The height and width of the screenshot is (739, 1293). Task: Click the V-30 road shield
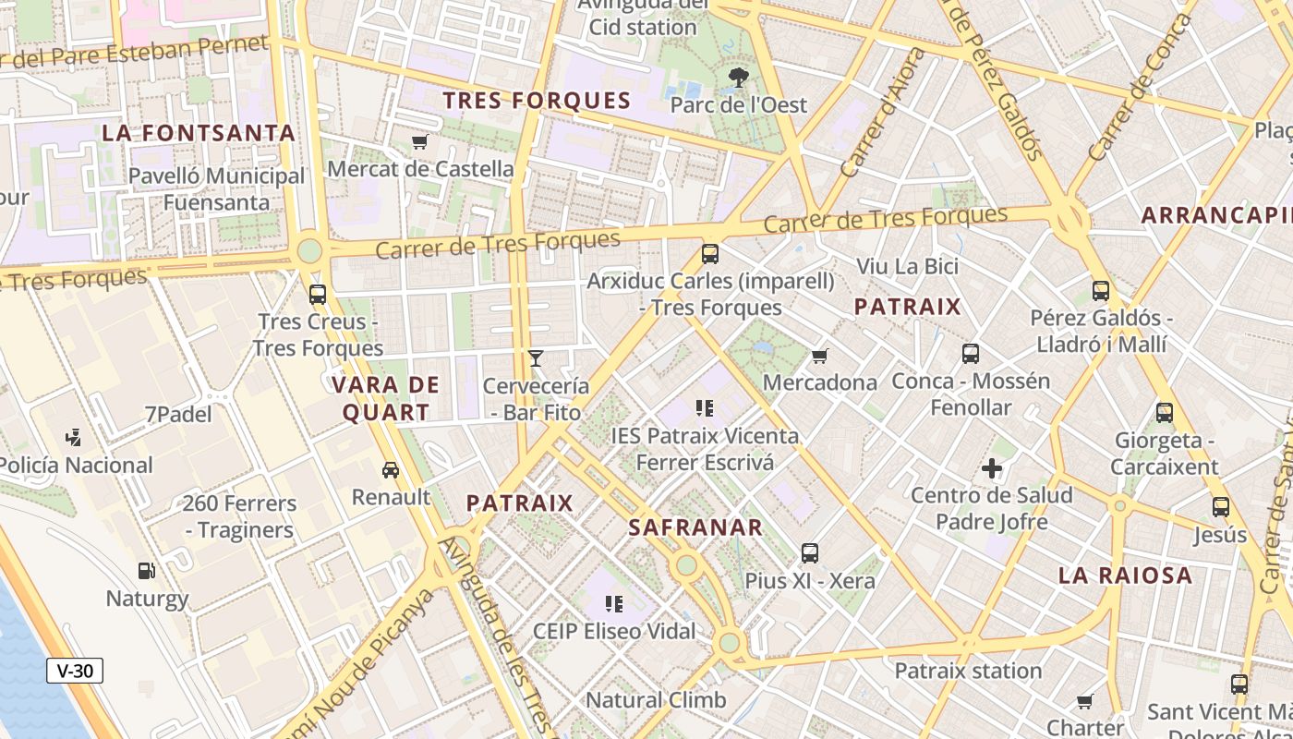pos(75,671)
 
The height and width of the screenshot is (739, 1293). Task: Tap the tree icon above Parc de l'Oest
pos(738,78)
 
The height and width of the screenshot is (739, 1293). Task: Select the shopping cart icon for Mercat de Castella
pos(420,141)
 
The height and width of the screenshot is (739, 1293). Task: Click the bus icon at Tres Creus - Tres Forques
pos(318,295)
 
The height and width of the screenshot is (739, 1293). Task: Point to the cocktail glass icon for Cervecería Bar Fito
pos(536,357)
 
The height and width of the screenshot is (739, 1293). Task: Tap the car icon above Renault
pos(391,469)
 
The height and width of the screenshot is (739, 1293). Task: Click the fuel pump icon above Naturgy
pos(146,571)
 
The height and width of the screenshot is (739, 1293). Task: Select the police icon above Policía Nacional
pos(75,438)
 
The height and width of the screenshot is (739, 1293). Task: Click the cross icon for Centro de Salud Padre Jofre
pos(992,468)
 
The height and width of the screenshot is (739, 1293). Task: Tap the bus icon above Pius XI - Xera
pos(810,553)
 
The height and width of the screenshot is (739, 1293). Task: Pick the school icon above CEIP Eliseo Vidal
pos(614,604)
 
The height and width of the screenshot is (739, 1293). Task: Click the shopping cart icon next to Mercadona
pos(819,356)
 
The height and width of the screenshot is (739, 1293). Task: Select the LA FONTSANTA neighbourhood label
pos(199,133)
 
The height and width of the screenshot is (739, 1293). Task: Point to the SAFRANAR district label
pos(695,528)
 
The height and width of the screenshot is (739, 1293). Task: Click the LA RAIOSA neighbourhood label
pos(1125,575)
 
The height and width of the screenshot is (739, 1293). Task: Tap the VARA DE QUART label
pos(386,398)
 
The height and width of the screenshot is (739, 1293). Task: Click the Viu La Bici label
pos(908,266)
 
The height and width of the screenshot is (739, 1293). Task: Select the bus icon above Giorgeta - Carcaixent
pos(1165,413)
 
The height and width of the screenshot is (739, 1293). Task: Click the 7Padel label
pos(178,414)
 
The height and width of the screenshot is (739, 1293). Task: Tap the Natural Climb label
pos(657,699)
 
